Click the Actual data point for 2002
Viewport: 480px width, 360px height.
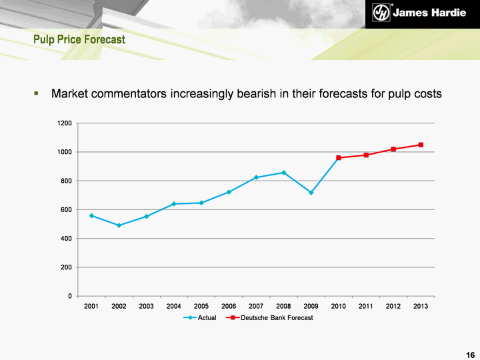119,225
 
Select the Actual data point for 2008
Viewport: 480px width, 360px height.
284,173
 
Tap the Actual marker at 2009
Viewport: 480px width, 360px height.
311,193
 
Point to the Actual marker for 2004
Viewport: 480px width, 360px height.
174,204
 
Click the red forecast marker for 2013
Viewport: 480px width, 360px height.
421,145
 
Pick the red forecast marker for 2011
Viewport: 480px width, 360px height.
366,155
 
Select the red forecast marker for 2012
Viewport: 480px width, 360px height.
393,149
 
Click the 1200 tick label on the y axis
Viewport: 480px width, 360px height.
64,123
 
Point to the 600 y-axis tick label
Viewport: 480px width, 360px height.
66,210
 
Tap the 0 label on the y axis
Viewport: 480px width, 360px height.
70,296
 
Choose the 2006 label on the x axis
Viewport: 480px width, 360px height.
229,306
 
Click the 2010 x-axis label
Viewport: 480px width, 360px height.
339,306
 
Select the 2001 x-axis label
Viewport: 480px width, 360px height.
91,306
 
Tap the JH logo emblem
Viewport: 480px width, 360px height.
381,14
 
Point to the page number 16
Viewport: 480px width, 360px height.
470,354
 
